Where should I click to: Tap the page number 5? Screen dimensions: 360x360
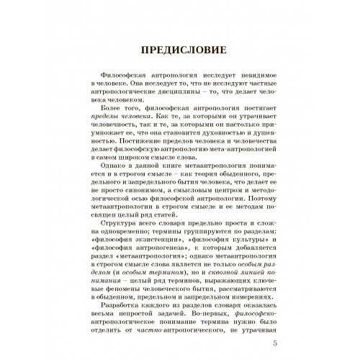[274, 334]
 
